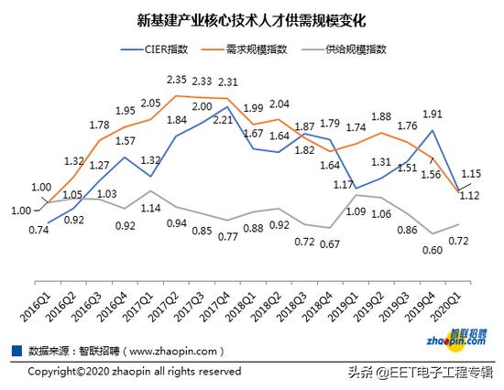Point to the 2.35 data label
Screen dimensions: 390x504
pyautogui.click(x=178, y=80)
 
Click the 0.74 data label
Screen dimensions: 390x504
pyautogui.click(x=38, y=230)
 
